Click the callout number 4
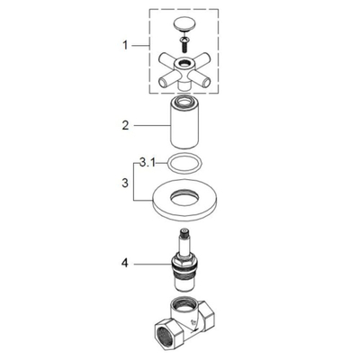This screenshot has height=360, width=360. (127, 264)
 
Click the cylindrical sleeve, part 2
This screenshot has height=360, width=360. (189, 123)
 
